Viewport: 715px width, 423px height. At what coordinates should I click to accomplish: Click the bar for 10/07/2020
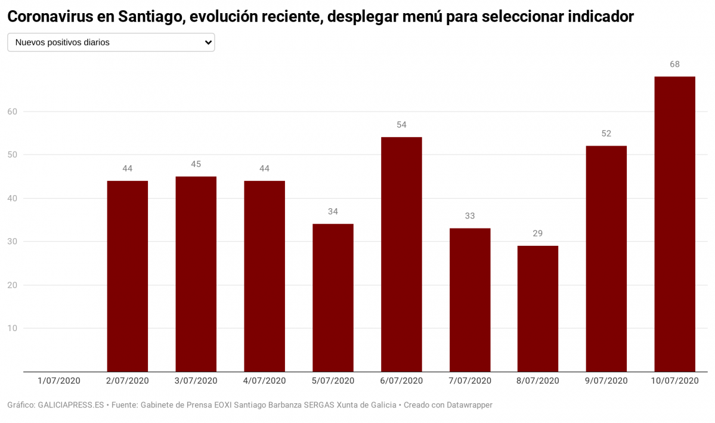coord(674,224)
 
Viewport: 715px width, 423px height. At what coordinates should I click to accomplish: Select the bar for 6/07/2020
coord(401,254)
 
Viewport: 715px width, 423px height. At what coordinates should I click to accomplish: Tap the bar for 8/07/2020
coord(537,308)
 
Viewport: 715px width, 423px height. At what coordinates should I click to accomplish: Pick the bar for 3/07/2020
coord(196,274)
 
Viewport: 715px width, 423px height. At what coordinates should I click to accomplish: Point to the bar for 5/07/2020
coord(333,298)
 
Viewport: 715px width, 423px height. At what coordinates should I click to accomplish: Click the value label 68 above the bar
coord(674,64)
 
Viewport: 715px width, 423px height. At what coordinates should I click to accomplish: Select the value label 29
coord(537,233)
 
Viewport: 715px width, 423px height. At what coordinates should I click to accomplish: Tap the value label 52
coord(606,134)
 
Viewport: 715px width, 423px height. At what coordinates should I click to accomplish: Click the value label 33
coord(469,216)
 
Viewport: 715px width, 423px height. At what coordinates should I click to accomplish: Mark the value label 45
coord(196,164)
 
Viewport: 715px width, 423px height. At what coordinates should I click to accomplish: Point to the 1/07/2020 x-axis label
coord(58,381)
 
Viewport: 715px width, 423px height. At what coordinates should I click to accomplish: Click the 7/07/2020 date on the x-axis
coord(469,381)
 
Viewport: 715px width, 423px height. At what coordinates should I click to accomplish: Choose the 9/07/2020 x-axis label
coord(606,381)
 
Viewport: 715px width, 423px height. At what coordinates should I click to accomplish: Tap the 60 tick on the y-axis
coord(13,112)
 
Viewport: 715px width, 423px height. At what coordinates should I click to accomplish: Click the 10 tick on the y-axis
coord(13,328)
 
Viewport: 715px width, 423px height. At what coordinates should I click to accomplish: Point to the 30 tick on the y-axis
coord(13,242)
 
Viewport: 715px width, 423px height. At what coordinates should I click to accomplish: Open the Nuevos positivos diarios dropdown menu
coord(111,42)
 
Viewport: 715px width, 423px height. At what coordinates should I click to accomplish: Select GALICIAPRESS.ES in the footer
coord(72,405)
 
